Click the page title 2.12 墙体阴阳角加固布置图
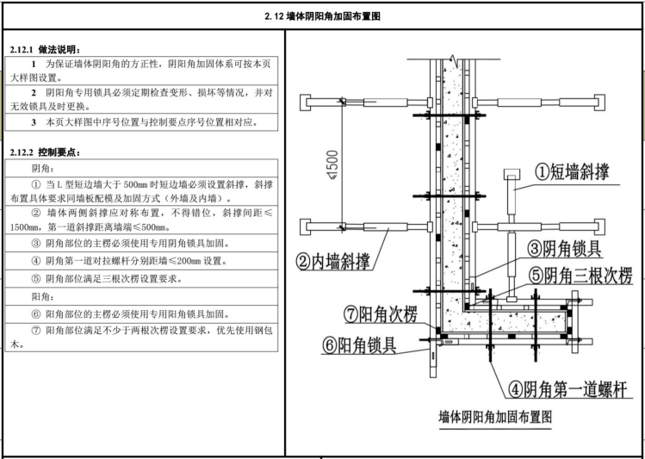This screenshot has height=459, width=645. coord(322,16)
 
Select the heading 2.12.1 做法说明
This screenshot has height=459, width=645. coord(45,50)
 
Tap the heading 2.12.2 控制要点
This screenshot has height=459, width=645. coord(45,152)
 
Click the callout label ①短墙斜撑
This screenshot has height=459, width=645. coord(572,171)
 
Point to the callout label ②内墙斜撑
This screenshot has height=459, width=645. coord(333,261)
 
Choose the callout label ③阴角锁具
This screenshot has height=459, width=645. coord(565,249)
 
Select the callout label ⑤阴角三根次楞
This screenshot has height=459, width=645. coord(580,276)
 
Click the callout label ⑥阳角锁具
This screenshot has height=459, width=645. coord(359,345)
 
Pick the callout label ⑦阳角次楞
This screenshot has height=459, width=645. coord(380,314)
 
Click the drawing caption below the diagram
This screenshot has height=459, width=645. coord(495,417)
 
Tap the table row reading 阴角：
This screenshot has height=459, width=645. coord(141,168)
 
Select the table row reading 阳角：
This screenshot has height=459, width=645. coord(141,296)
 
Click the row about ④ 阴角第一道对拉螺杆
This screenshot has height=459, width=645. coord(141,261)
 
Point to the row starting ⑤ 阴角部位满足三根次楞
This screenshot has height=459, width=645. coord(141,278)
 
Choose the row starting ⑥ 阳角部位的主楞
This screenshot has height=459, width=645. coord(141,314)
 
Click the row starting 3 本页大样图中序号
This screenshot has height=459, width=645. coord(141,122)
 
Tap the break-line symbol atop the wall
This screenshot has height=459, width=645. coord(453,59)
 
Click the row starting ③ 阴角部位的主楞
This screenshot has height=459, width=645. coord(141,243)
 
